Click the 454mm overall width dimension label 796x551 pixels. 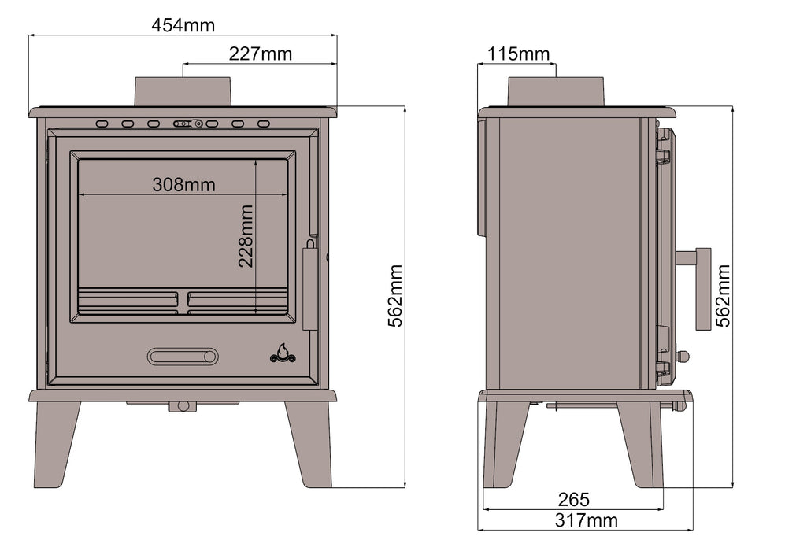coord(183,25)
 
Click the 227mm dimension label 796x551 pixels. coord(260,54)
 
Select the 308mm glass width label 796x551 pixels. coord(183,185)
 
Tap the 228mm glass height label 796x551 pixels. coord(246,236)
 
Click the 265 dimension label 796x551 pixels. coord(573,500)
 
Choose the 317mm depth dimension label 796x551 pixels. coord(586,520)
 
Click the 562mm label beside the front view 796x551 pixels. coord(395,295)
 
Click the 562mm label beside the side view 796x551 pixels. coord(723,295)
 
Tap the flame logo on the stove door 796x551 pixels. coord(283,353)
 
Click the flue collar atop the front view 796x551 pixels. coord(183,91)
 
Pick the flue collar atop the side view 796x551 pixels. coord(555,91)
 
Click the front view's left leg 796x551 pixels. coord(56,443)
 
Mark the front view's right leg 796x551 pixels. coord(309,443)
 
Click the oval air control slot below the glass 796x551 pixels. coord(183,357)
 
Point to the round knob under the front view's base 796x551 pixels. coord(183,407)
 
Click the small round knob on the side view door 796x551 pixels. coord(683,357)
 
